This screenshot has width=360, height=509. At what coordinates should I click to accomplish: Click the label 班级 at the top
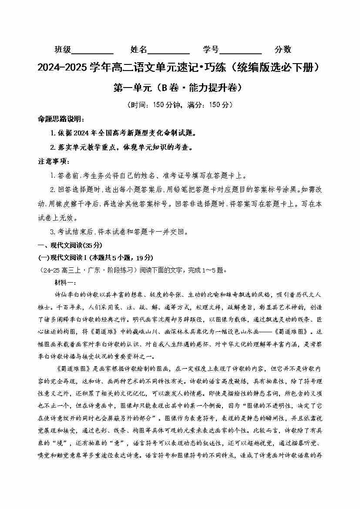click(x=63, y=50)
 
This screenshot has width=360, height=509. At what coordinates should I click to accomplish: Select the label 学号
click(x=211, y=50)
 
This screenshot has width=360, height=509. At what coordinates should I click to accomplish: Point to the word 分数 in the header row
click(x=283, y=50)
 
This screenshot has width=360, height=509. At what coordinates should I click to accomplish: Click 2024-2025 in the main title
click(x=63, y=68)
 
